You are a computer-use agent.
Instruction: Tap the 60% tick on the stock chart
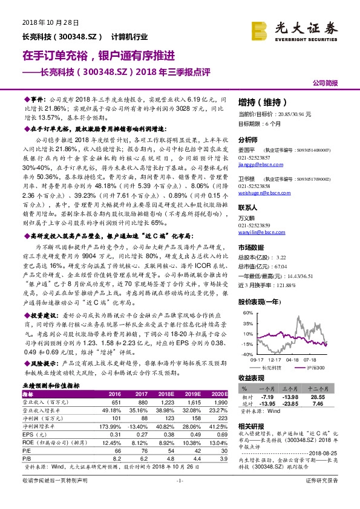(x=247, y=314)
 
